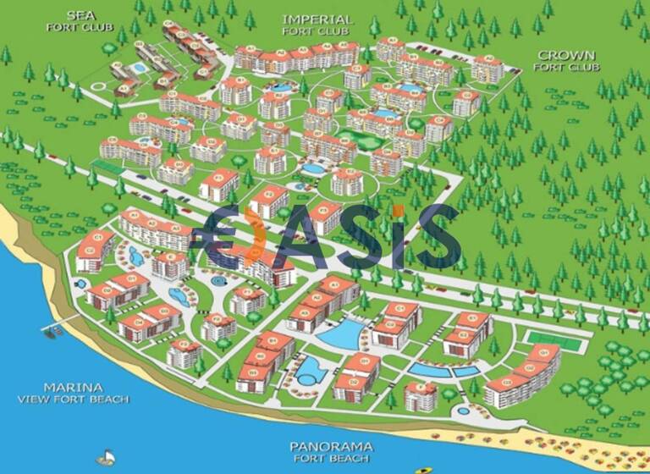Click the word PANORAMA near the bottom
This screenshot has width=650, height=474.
pyautogui.click(x=328, y=446)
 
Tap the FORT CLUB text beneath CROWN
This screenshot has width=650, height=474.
pyautogui.click(x=567, y=66)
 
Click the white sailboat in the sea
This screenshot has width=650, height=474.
pyautogui.click(x=105, y=457)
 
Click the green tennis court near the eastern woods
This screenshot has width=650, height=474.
pyautogui.click(x=550, y=338)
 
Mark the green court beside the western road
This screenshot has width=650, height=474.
pyautogui.click(x=108, y=167)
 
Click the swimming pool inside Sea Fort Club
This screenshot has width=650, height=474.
pyautogui.click(x=138, y=65)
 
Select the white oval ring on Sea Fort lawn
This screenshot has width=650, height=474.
pyautogui.click(x=100, y=84)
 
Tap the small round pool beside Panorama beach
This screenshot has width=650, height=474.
pyautogui.click(x=463, y=411)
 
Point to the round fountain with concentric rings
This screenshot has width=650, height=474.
pyautogui.click(x=219, y=280)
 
